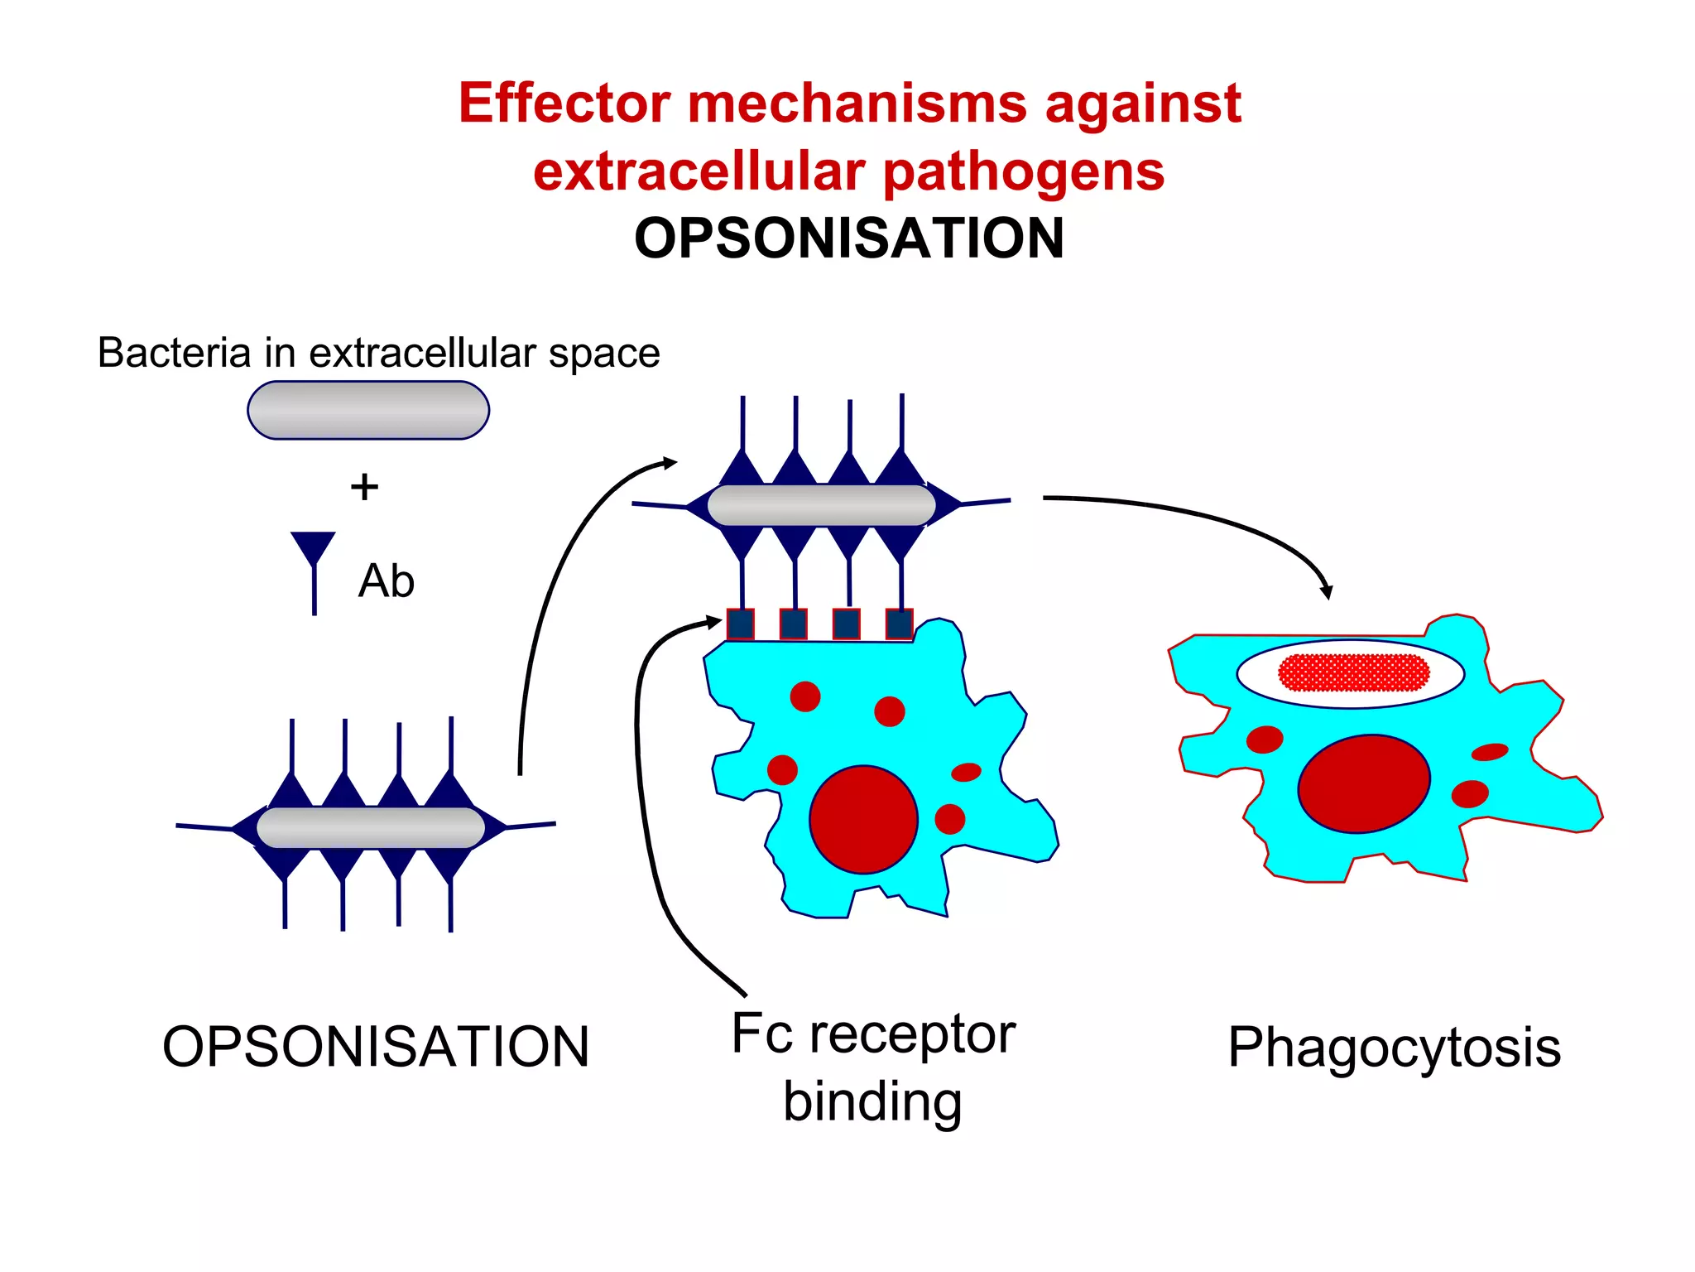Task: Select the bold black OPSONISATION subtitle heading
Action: tap(848, 238)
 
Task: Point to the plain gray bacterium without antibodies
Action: tap(368, 410)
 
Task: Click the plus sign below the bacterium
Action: tap(364, 487)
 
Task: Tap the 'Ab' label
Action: tap(386, 581)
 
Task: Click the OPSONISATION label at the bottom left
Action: tap(375, 1047)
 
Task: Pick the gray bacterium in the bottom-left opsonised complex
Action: tap(370, 827)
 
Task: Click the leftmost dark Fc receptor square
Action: tap(741, 624)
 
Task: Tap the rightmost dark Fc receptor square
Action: tap(899, 624)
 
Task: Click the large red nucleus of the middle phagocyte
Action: tap(863, 819)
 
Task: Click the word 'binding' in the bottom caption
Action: tap(872, 1101)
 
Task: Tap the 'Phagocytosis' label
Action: tap(1394, 1048)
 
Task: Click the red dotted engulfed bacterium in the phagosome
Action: tap(1354, 672)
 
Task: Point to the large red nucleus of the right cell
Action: tap(1363, 783)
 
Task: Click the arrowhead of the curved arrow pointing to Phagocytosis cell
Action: tap(1326, 592)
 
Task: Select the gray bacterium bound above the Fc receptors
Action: tap(821, 504)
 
